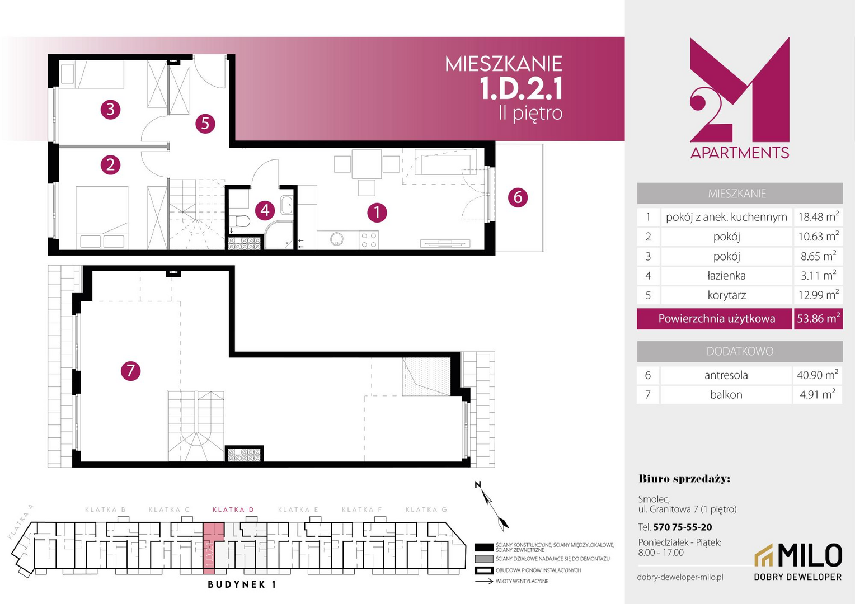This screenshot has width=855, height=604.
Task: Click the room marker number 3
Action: pyautogui.click(x=110, y=110)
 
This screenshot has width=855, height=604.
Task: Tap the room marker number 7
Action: pyautogui.click(x=130, y=371)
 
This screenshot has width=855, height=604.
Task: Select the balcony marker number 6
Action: pyautogui.click(x=518, y=197)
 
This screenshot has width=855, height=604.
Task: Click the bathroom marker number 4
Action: pyautogui.click(x=265, y=210)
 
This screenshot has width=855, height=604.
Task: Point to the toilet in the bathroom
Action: pyautogui.click(x=241, y=221)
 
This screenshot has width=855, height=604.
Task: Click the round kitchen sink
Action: pyautogui.click(x=337, y=239)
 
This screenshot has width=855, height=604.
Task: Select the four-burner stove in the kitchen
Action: pyautogui.click(x=369, y=240)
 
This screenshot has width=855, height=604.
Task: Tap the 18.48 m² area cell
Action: pyautogui.click(x=819, y=217)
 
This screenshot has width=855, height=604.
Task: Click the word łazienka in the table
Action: pyautogui.click(x=726, y=276)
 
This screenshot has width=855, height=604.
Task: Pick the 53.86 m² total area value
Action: pyautogui.click(x=819, y=319)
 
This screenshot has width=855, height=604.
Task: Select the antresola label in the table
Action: pyautogui.click(x=726, y=375)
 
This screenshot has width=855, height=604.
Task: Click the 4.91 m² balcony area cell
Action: pyautogui.click(x=818, y=394)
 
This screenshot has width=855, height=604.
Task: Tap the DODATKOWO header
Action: pyautogui.click(x=740, y=351)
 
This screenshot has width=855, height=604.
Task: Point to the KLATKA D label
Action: pyautogui.click(x=233, y=509)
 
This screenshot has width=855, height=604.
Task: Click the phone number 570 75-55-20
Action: pyautogui.click(x=683, y=527)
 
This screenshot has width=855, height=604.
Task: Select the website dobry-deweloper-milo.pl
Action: pyautogui.click(x=680, y=577)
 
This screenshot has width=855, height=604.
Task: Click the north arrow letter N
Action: pyautogui.click(x=477, y=485)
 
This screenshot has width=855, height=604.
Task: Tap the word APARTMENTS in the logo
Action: pyautogui.click(x=740, y=153)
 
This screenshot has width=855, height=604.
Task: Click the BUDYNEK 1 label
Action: pyautogui.click(x=242, y=584)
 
